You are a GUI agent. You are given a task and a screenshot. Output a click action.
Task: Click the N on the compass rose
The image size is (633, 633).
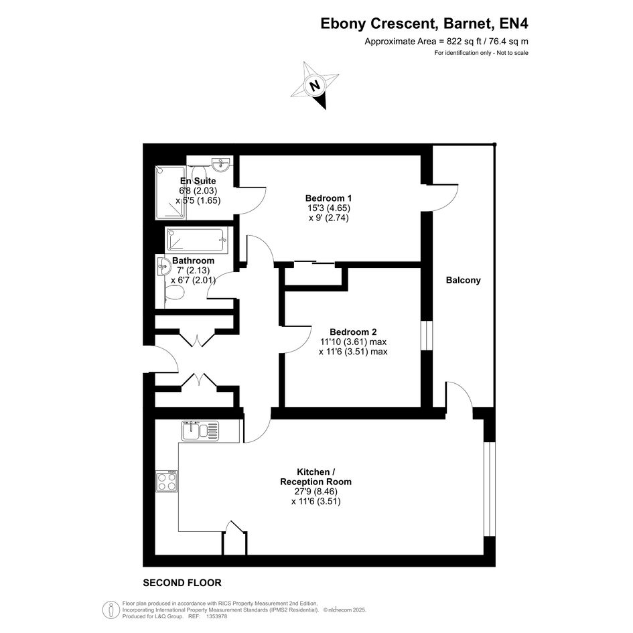(315, 86)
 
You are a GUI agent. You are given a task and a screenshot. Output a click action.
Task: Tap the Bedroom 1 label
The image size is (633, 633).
(328, 198)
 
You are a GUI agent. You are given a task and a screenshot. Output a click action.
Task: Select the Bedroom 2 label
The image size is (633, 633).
(353, 332)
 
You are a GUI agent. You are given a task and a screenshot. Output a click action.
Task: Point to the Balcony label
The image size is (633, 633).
(463, 280)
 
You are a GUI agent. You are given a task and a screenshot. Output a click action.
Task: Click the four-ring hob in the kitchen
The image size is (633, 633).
(167, 481)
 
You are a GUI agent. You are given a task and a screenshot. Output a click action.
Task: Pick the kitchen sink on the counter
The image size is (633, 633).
(200, 431)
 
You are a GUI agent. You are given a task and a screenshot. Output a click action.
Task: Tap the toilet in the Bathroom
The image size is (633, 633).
(174, 292)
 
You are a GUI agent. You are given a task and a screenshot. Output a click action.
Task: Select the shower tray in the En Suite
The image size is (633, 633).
(170, 192)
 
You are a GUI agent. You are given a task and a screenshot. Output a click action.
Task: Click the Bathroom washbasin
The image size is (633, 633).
(163, 266)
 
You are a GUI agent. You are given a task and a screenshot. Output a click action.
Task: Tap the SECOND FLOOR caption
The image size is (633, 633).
(182, 583)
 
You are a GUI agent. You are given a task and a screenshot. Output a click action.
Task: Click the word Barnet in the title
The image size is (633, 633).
(468, 23)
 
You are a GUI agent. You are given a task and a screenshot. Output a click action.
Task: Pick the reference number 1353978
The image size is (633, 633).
(216, 616)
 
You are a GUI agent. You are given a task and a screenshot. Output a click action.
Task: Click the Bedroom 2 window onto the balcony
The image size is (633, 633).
(427, 336)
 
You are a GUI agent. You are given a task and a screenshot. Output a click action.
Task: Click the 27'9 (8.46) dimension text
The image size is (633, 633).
(316, 491)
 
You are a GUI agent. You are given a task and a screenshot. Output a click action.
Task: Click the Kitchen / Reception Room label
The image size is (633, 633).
(315, 477)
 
